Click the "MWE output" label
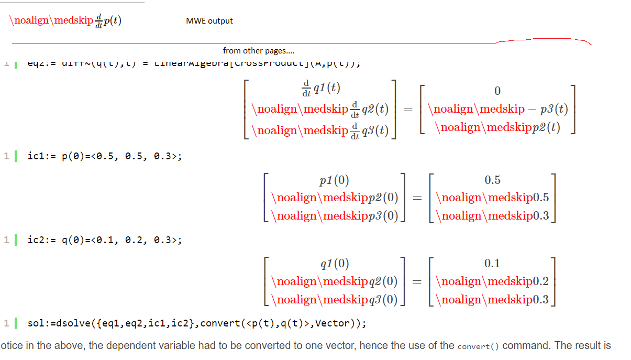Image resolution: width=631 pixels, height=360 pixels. point(209,21)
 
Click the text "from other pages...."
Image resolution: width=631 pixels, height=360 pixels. point(258,51)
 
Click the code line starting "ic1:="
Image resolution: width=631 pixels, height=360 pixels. point(105,156)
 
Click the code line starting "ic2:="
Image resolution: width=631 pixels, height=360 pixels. point(105,240)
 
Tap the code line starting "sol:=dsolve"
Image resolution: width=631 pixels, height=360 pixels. point(196,323)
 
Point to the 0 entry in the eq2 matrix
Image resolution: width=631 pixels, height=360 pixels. point(497,91)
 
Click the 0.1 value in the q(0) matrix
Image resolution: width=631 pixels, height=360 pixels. point(492,263)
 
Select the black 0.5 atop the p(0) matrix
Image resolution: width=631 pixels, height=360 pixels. point(492,180)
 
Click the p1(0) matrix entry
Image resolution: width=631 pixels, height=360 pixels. point(334,181)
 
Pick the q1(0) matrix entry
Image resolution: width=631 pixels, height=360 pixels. point(334,264)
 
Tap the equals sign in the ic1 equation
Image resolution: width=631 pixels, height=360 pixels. point(417,198)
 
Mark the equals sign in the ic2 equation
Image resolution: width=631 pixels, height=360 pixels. point(417,281)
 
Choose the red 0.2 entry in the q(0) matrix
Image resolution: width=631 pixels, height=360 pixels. point(540,281)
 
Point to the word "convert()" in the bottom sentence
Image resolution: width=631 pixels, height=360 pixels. point(478,346)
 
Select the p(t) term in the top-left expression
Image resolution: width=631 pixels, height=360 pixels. point(113,21)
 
